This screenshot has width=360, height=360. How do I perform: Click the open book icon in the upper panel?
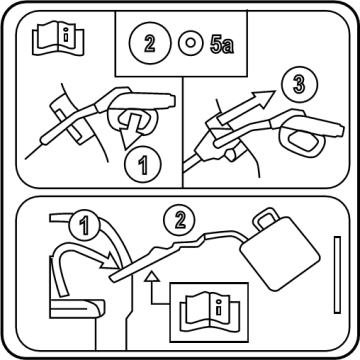[58, 38]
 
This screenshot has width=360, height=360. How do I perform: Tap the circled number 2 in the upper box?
[150, 43]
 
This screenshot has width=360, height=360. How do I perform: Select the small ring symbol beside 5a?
[190, 43]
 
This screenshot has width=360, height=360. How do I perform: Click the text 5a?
[222, 44]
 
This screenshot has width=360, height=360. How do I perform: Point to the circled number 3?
[299, 84]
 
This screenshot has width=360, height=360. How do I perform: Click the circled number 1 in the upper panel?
[143, 165]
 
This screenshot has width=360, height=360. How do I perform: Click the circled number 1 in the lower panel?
[84, 226]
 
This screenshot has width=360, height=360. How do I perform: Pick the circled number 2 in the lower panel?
[179, 220]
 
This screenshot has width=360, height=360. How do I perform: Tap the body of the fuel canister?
[280, 253]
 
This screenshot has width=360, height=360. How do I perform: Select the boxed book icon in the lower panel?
[209, 312]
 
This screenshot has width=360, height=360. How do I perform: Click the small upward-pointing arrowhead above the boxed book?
[152, 276]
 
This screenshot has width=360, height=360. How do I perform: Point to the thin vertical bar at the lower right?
[337, 275]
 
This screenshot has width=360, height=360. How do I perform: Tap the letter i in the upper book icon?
[66, 35]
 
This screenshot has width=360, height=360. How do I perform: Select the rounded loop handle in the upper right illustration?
[303, 143]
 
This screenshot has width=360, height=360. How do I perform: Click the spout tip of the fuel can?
[113, 278]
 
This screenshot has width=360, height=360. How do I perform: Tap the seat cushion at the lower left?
[77, 308]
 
